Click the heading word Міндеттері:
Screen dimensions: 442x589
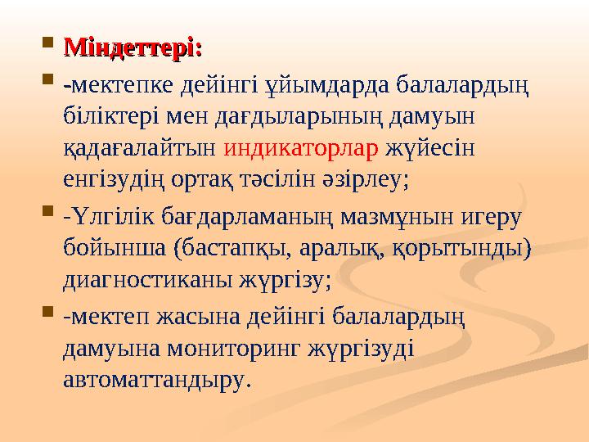[133, 47]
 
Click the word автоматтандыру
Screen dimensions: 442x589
[154, 380]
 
